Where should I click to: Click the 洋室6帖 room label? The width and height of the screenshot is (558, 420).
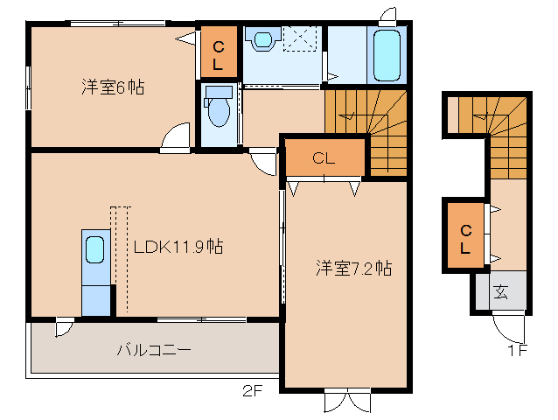(113, 87)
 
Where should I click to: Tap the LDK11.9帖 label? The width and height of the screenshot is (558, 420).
(178, 246)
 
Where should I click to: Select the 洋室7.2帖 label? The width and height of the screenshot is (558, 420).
(353, 268)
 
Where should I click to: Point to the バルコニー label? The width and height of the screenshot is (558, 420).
(154, 350)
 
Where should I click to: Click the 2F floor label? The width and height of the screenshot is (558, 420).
(252, 391)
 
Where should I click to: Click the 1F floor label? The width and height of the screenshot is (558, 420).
(517, 351)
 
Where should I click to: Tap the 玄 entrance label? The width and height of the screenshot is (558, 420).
(500, 292)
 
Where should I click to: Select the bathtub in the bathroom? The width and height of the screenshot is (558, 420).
(387, 55)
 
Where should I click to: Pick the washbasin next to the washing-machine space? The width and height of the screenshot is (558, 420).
(263, 38)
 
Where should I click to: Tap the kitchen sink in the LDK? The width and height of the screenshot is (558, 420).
(95, 249)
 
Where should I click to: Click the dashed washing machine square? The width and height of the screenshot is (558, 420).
(300, 38)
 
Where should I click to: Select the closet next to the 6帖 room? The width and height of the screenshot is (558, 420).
(219, 52)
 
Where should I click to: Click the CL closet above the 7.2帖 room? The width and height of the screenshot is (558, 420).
(324, 157)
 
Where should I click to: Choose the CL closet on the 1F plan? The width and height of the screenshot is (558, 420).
(465, 235)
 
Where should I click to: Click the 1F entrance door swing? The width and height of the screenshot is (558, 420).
(509, 326)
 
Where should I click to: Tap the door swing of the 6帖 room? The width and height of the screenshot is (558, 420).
(176, 137)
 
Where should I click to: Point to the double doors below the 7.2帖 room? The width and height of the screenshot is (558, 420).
(348, 401)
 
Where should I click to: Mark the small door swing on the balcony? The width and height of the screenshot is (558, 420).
(65, 327)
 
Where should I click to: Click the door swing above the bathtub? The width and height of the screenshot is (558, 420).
(388, 17)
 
